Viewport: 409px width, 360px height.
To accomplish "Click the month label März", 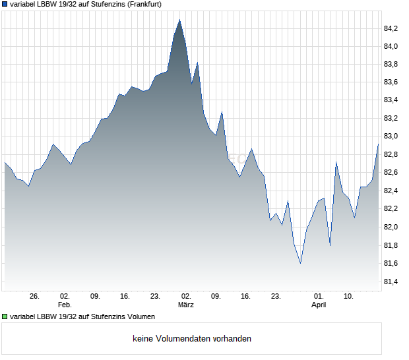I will click(185, 305).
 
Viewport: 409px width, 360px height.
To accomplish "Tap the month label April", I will click(319, 305).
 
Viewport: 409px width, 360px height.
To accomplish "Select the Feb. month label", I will click(64, 305).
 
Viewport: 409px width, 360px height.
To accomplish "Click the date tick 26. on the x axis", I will click(35, 296).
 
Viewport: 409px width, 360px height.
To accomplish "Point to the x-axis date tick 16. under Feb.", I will click(125, 296).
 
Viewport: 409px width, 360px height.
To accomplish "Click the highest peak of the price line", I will click(179, 20).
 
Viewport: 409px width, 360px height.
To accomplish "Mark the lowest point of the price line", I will click(300, 264).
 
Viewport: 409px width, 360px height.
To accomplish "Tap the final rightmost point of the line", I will click(378, 144).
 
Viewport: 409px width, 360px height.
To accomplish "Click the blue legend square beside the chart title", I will click(5, 4).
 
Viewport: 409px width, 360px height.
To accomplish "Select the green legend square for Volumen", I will click(5, 316).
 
